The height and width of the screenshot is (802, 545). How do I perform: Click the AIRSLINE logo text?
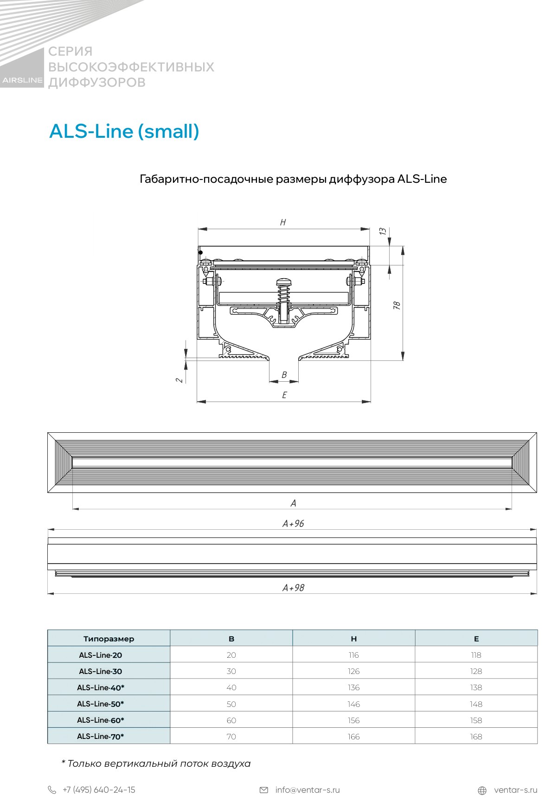tap(22, 80)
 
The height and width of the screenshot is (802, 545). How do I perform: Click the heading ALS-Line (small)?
tap(124, 131)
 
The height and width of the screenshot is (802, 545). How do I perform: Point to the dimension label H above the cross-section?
tap(283, 223)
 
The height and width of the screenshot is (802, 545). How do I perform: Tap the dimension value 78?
tap(397, 306)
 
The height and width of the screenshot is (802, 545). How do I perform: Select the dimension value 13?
tap(383, 231)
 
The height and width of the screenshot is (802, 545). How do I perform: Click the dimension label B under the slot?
tap(284, 375)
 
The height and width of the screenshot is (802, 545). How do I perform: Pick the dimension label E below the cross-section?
tap(284, 395)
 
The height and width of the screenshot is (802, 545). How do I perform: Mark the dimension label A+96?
tap(293, 524)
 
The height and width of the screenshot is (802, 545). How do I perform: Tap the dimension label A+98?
tap(293, 588)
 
